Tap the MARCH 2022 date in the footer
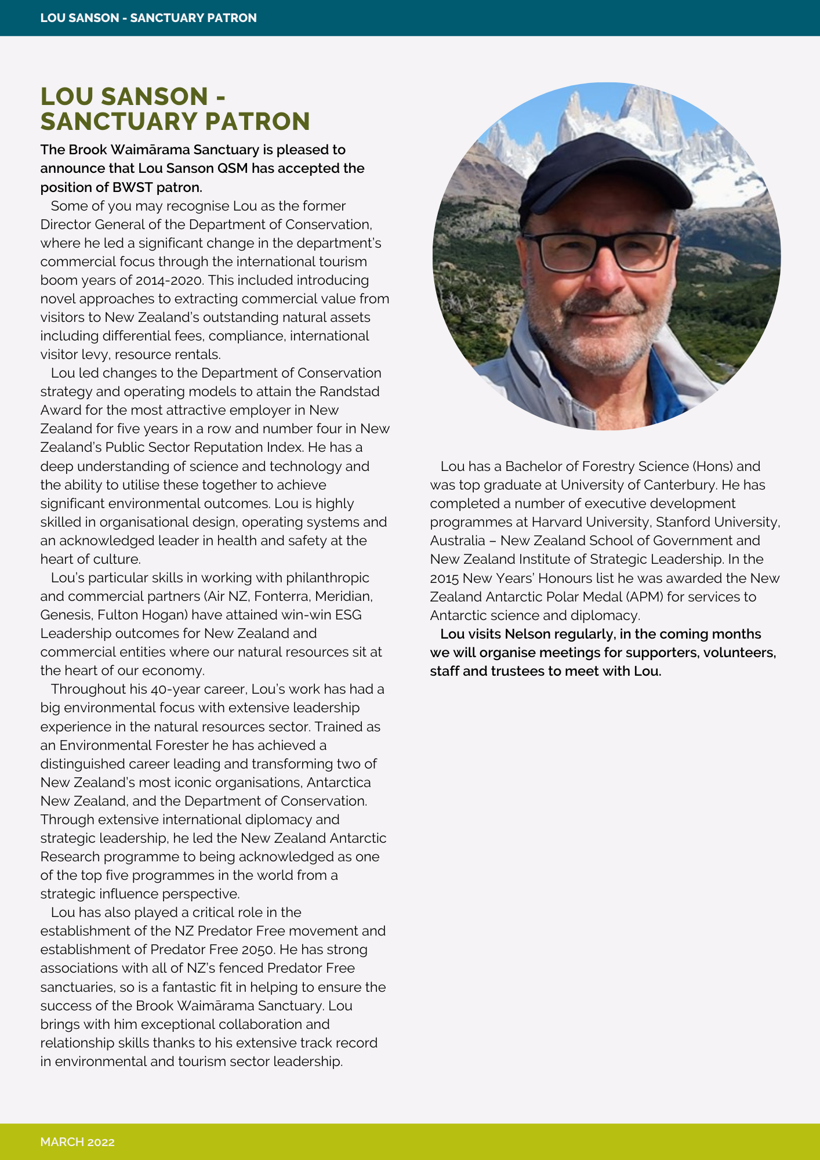(x=77, y=1142)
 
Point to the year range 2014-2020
(x=168, y=280)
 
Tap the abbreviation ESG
(x=348, y=615)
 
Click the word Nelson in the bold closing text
(x=528, y=634)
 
